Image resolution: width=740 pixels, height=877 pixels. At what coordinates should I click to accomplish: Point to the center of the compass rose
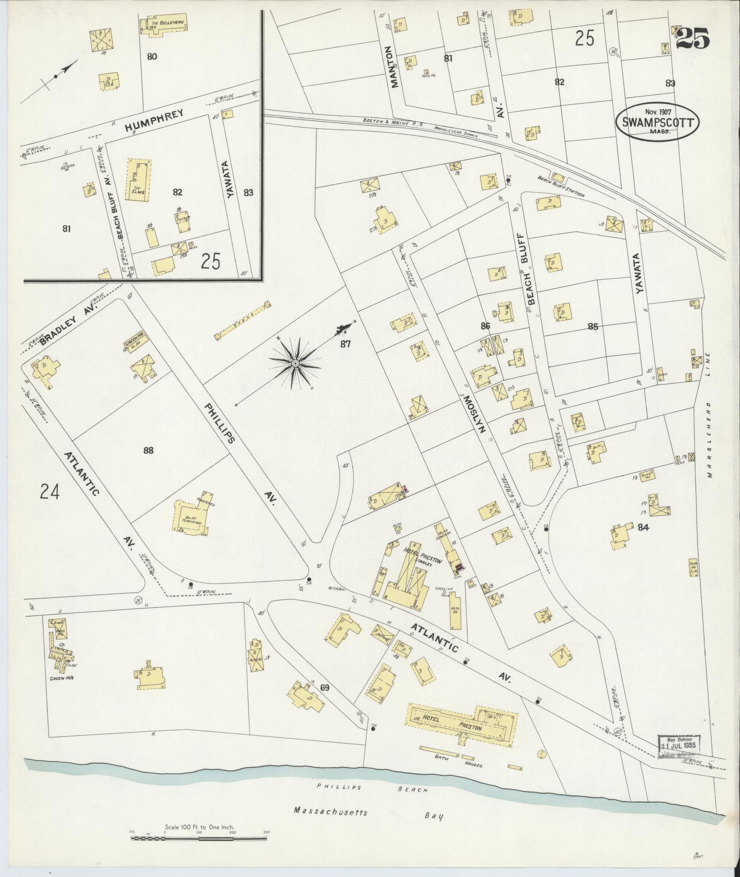click(x=295, y=364)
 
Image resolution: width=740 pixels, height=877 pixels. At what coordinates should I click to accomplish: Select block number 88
click(x=148, y=450)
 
